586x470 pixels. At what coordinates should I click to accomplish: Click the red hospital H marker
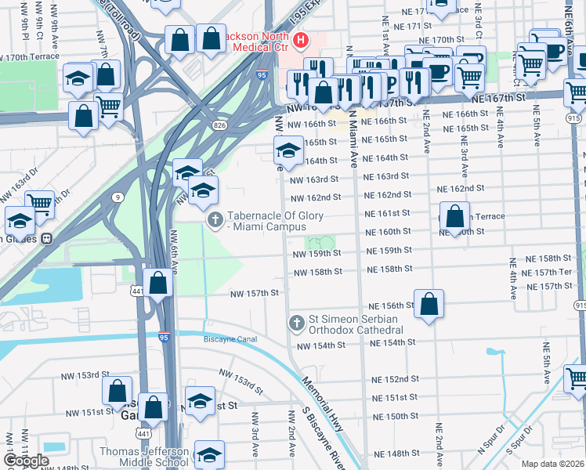299,40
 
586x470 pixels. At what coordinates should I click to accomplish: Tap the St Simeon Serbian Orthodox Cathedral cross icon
296,323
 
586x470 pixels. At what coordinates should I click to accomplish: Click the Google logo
26,460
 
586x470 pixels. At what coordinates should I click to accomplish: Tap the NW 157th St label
254,293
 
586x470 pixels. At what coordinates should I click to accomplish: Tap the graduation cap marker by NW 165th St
288,150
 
